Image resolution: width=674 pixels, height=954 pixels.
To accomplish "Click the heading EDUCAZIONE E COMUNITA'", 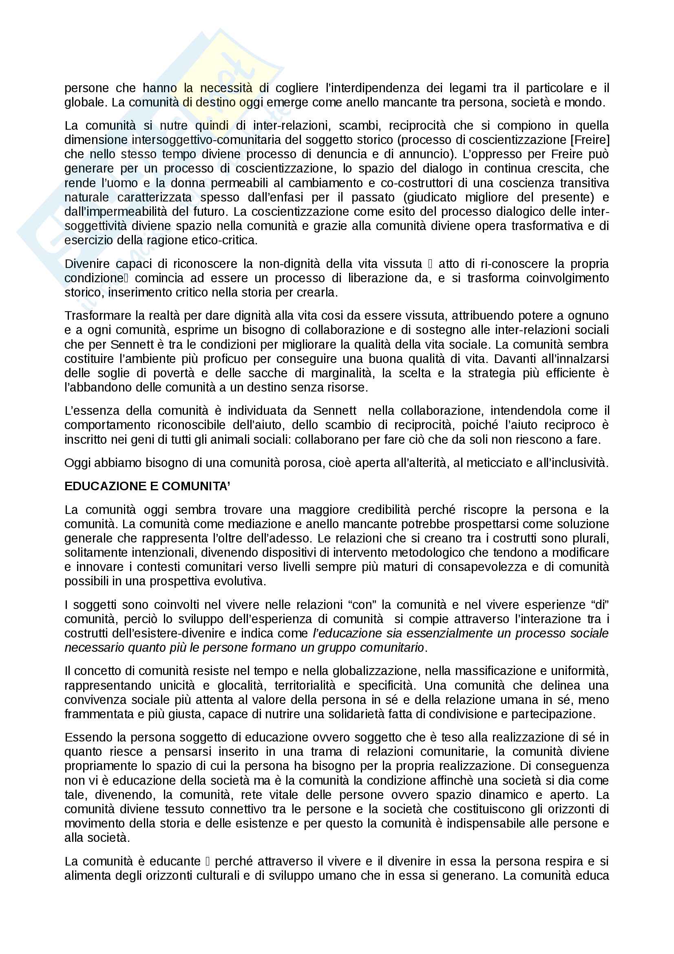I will (x=147, y=486).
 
